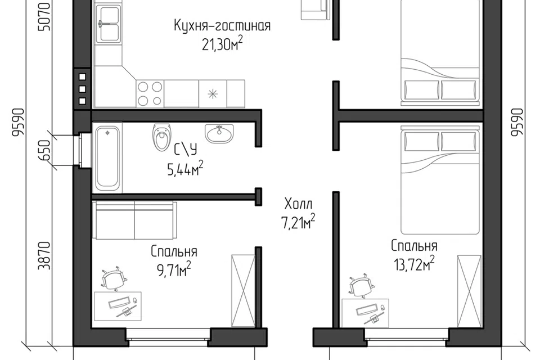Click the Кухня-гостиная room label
click(222, 26)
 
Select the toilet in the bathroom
click(161, 137)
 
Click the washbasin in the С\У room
click(219, 133)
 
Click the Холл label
click(299, 204)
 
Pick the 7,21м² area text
click(298, 222)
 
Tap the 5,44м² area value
click(185, 168)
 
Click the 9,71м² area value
click(174, 269)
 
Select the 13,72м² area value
click(414, 264)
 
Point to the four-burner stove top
click(150, 93)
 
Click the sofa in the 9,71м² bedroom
click(135, 220)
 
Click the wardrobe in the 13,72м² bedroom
click(469, 291)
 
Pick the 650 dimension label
click(45, 150)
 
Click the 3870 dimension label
click(45, 255)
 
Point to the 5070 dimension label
click(45, 16)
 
